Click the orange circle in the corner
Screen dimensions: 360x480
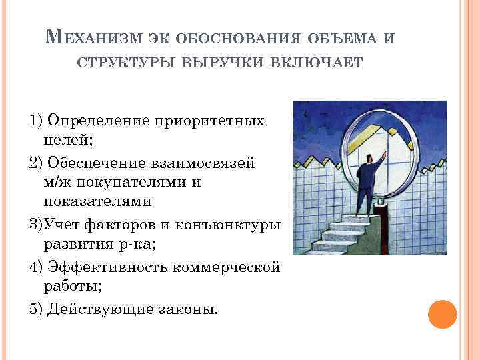point(442,314)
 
